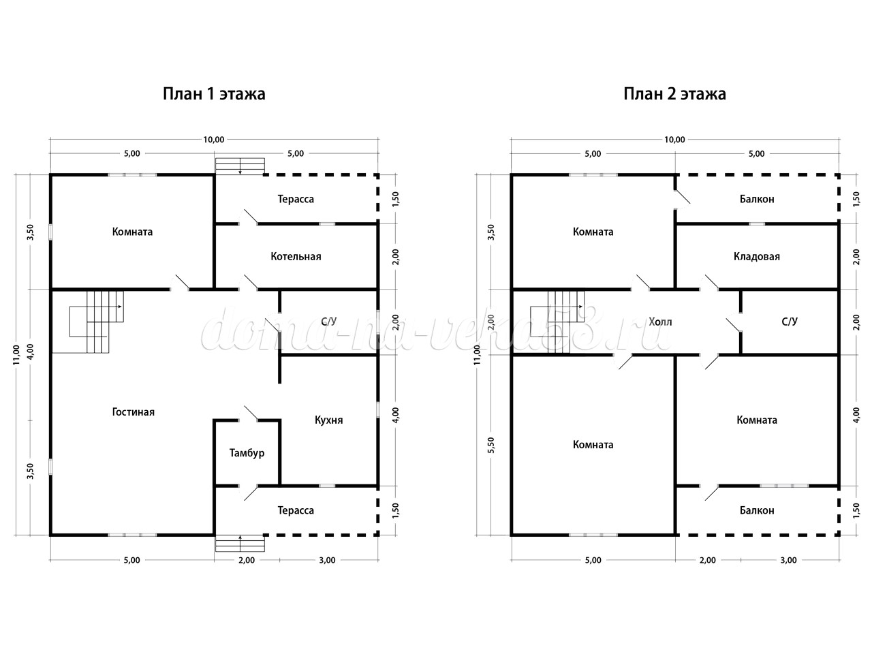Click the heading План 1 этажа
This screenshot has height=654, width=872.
(214, 94)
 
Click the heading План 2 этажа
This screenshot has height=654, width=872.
(674, 94)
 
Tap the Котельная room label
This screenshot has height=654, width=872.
(296, 257)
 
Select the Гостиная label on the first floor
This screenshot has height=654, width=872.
(133, 412)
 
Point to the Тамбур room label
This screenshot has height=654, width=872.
(247, 453)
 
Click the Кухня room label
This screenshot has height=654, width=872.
(328, 420)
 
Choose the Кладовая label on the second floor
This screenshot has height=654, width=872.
(756, 257)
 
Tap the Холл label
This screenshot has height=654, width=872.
(660, 322)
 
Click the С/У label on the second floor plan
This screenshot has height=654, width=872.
(790, 322)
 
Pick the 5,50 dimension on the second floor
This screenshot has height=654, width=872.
(491, 445)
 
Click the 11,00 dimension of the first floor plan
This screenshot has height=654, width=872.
(16, 355)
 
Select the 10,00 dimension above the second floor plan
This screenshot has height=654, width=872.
(674, 140)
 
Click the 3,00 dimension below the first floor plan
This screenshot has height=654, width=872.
(328, 560)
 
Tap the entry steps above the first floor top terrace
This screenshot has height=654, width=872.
(240, 166)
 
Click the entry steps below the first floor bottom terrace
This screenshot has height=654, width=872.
(240, 543)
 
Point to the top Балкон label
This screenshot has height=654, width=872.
(757, 199)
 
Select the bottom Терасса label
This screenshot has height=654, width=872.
(296, 510)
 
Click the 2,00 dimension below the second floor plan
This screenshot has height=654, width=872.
(708, 560)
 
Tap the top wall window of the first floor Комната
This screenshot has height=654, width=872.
(132, 174)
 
